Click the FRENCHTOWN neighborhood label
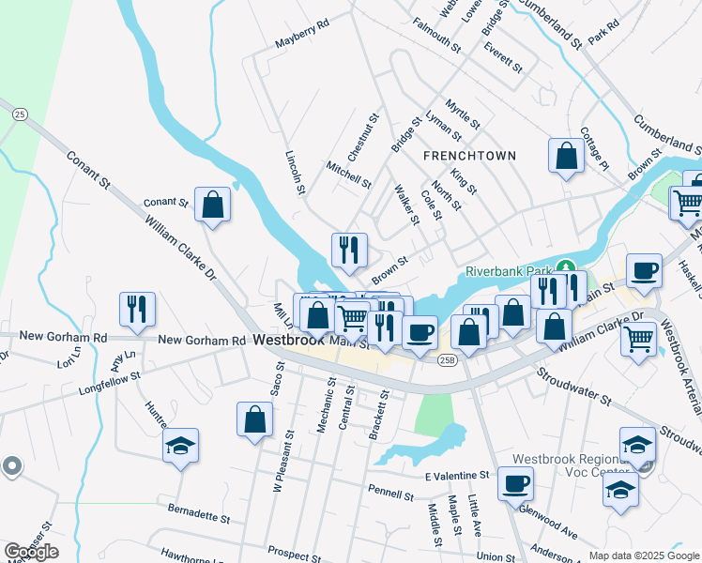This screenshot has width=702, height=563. pos(470,155)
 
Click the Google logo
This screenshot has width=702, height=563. pos(31,552)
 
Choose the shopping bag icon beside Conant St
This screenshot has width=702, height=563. pos(213,204)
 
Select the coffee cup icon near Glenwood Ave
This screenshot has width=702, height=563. pos(515,485)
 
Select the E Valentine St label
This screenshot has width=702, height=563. pos(457,476)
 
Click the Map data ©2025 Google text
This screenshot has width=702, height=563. pos(643,555)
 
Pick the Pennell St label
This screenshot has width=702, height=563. pos(390,491)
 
